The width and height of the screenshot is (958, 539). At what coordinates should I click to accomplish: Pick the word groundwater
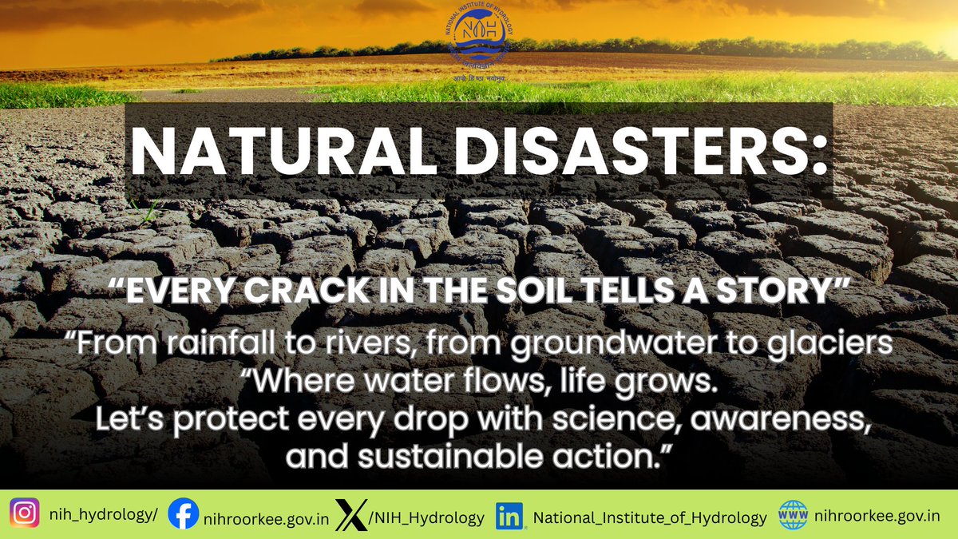(x=612, y=348)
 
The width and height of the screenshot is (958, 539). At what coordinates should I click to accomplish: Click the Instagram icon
(x=25, y=513)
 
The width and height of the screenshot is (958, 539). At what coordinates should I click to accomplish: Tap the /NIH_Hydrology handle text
(x=427, y=517)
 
